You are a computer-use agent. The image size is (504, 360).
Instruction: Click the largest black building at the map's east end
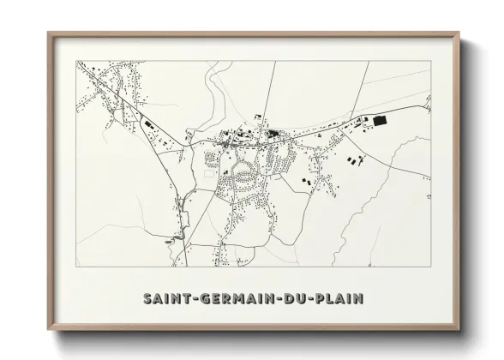click(378, 122)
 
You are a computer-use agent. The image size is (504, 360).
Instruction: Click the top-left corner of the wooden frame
click(49, 33)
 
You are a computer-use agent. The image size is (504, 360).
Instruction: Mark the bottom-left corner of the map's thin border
click(77, 267)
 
